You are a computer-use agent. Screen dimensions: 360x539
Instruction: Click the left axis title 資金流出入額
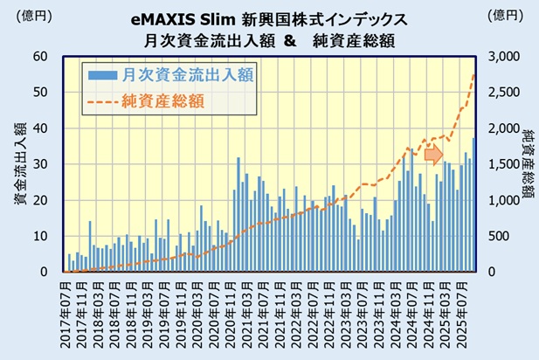tap(18, 164)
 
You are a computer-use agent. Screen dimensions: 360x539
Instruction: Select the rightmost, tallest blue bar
tap(474, 204)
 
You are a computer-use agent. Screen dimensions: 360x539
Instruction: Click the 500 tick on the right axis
tap(507, 236)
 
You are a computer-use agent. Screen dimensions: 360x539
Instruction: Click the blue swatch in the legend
tap(102, 75)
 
